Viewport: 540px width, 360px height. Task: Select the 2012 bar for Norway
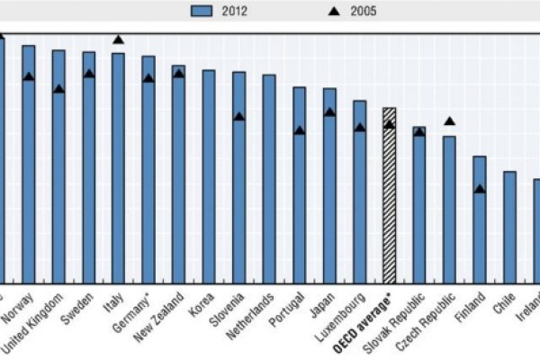tap(28, 162)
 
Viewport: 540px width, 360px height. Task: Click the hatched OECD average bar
tap(389, 193)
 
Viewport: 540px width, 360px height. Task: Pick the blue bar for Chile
tap(509, 225)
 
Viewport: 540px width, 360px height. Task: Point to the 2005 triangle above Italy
tap(118, 40)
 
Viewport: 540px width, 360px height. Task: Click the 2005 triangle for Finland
tap(480, 189)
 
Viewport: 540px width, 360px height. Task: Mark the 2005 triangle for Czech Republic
tap(449, 121)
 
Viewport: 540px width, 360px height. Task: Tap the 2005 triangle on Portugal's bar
tap(299, 130)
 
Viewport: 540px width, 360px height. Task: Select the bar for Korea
tap(208, 175)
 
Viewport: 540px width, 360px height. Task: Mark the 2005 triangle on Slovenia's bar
tap(238, 116)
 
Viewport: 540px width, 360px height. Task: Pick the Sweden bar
tap(88, 166)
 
